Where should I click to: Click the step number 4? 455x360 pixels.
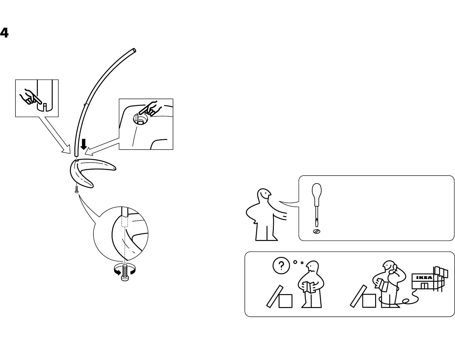4,33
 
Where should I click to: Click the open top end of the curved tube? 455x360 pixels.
134,50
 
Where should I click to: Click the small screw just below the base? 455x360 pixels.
77,190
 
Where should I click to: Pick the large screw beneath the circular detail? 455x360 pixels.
125,274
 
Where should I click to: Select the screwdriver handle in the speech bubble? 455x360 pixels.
316,193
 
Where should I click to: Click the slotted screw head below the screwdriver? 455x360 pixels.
316,232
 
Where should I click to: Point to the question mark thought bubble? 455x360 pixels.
281,265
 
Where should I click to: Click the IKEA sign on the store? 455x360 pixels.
424,277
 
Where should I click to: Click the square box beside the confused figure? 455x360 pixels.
285,301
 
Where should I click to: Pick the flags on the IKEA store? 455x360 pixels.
440,272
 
